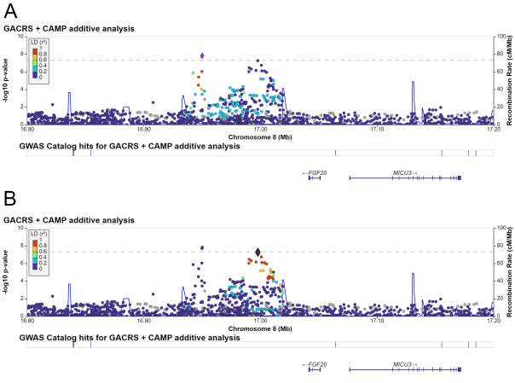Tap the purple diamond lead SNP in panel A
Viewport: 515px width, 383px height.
point(202,55)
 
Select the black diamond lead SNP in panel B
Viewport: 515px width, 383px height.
point(258,252)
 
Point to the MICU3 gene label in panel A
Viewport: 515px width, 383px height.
point(404,172)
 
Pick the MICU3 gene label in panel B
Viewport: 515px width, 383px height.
point(404,364)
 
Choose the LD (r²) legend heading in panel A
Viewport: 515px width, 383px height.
point(39,40)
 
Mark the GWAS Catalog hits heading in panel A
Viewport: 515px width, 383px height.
point(121,145)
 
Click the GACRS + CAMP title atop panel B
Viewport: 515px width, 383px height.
point(69,221)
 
